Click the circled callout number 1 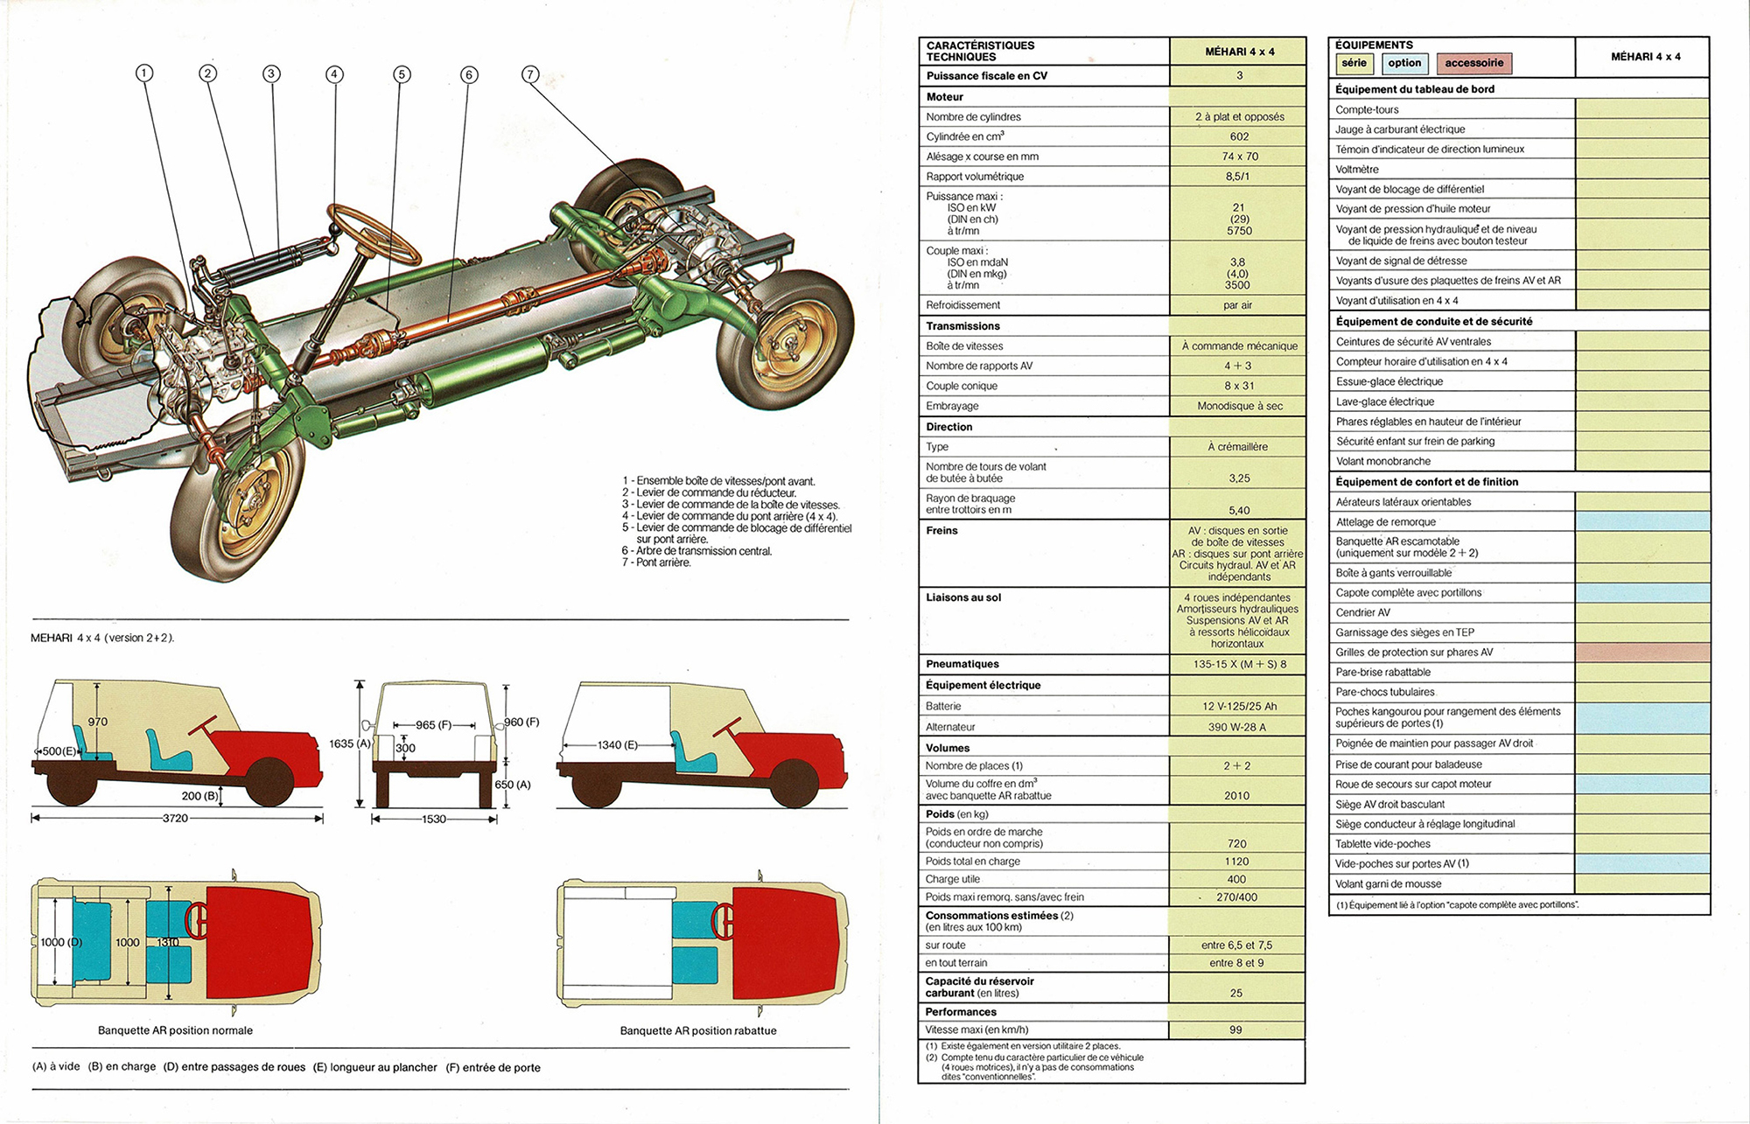[144, 73]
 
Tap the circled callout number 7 [530, 74]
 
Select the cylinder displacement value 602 [1238, 136]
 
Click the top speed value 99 [1235, 1030]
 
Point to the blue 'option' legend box [1404, 63]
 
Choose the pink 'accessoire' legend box [1473, 63]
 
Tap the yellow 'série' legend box [1354, 63]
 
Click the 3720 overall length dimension [175, 819]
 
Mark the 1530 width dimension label [434, 820]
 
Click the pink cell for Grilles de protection [1641, 653]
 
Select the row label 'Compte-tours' [1367, 109]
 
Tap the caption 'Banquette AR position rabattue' [698, 1030]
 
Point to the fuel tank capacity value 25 [1235, 993]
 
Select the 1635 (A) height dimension [350, 744]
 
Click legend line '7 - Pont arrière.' [656, 562]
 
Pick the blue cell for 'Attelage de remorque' [1641, 522]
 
